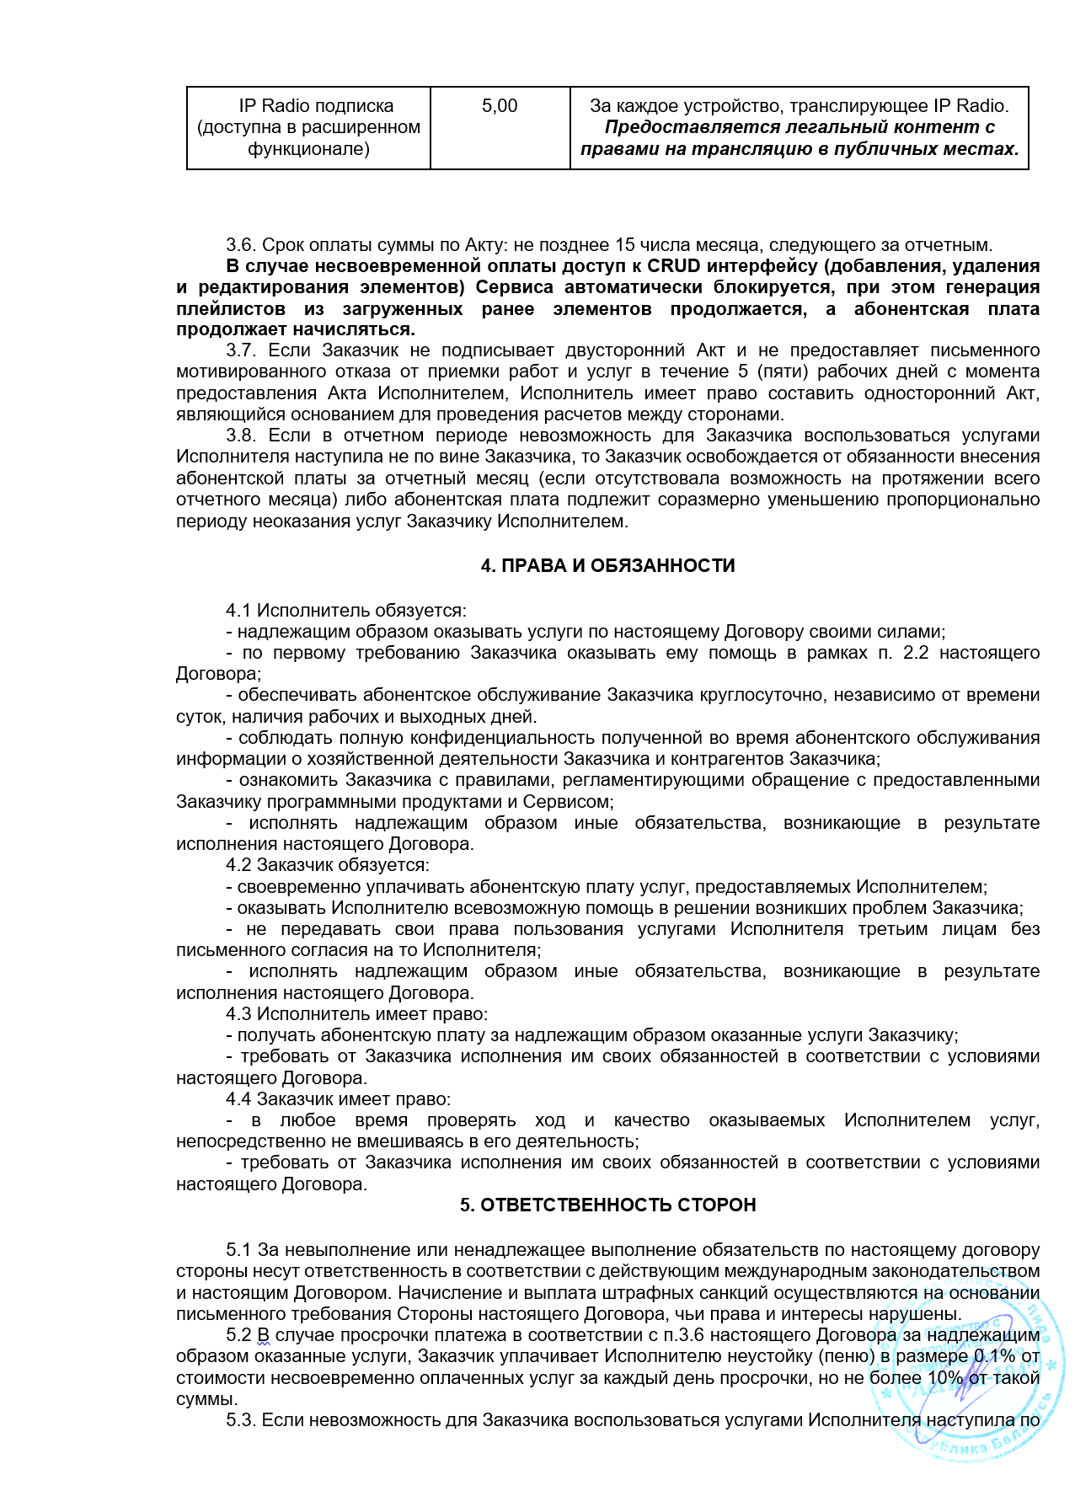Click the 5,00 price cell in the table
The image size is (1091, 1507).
(x=500, y=106)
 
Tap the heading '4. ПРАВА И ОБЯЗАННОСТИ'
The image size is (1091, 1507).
(x=607, y=566)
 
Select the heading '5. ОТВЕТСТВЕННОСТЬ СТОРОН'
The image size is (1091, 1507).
(x=607, y=1205)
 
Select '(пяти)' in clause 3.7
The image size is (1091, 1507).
(x=779, y=371)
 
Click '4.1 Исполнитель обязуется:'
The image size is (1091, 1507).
(x=345, y=611)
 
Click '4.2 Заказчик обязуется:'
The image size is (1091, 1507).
(x=327, y=865)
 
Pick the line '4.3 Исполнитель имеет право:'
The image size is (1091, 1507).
(x=356, y=1014)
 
